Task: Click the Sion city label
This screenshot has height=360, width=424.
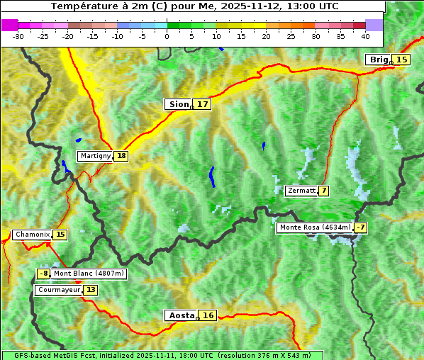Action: click(178, 104)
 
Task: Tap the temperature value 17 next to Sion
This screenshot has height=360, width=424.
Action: click(203, 104)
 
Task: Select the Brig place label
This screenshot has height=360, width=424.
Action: click(378, 60)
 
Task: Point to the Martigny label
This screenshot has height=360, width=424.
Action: click(95, 156)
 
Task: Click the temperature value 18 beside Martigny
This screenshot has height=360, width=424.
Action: click(121, 156)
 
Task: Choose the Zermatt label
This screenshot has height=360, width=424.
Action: click(301, 191)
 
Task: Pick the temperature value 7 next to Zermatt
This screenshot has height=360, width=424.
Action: click(324, 191)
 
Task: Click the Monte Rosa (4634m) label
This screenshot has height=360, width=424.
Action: click(315, 227)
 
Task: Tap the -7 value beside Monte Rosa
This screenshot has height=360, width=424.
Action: click(361, 227)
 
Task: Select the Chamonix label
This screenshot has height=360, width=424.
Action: click(32, 235)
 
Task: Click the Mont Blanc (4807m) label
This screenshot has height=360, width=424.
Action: click(89, 274)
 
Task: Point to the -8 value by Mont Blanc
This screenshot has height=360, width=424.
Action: click(44, 274)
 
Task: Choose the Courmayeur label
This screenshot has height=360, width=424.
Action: click(59, 290)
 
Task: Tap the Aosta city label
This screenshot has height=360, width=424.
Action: click(180, 315)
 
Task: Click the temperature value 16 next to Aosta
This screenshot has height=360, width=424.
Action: click(208, 315)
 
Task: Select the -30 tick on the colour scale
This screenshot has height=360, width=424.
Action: click(18, 36)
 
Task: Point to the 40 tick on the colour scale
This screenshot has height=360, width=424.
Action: click(365, 36)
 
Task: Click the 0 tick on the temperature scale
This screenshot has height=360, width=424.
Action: click(167, 36)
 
